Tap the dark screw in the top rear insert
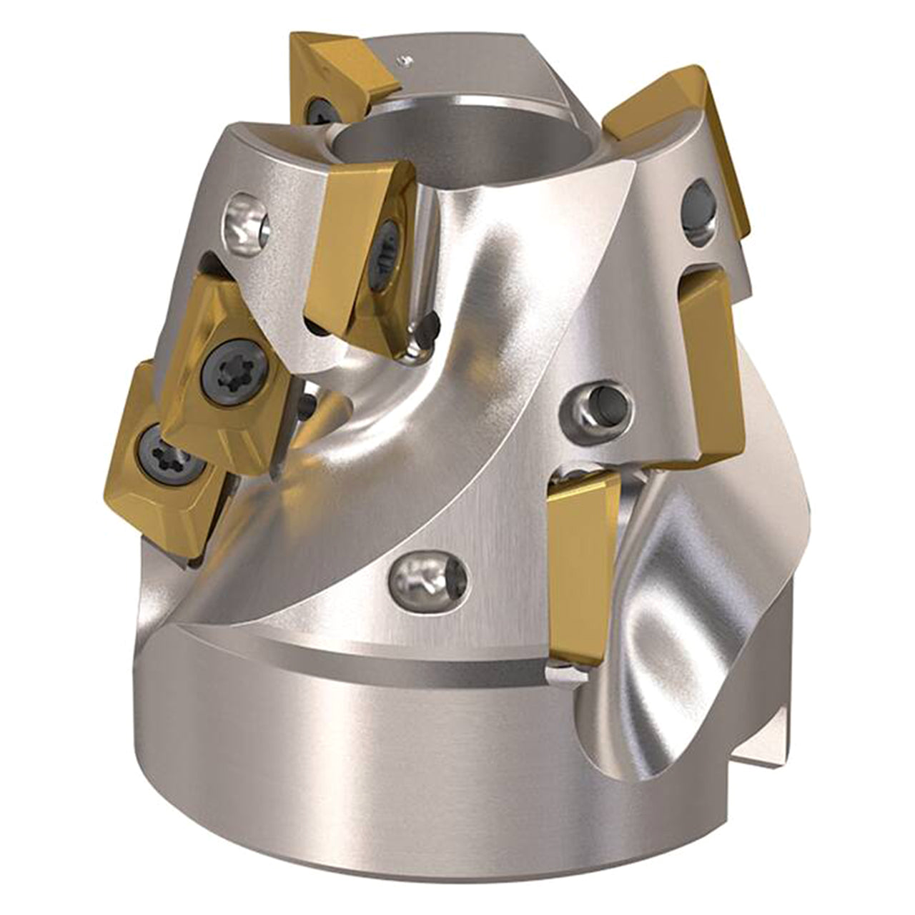(x=315, y=108)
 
